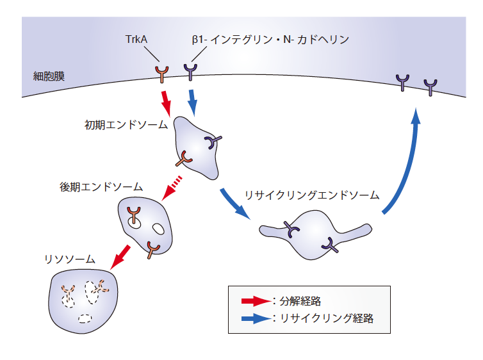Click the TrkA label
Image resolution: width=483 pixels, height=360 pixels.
(138, 40)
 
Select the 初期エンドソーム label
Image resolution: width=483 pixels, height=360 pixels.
(126, 124)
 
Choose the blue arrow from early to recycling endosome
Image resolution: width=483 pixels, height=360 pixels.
(234, 204)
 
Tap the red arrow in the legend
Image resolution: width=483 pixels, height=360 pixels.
(255, 300)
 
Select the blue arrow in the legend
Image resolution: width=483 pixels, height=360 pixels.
(255, 318)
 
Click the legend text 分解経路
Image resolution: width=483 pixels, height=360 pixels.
(298, 300)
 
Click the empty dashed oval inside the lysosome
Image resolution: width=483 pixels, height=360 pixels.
(85, 318)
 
